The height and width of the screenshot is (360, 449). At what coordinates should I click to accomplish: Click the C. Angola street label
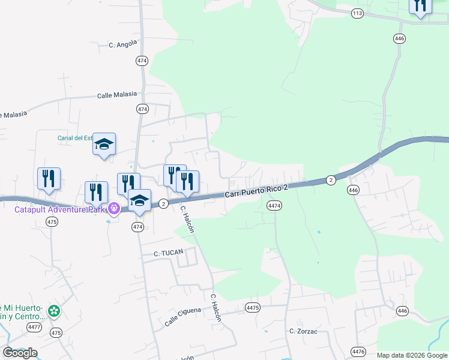(x=123, y=44)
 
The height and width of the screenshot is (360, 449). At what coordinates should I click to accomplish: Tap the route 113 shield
(x=358, y=13)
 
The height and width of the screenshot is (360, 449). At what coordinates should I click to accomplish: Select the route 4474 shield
(x=274, y=205)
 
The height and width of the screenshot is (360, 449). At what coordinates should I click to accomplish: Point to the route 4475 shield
(x=253, y=307)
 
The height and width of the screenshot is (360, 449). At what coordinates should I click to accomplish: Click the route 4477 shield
(x=34, y=326)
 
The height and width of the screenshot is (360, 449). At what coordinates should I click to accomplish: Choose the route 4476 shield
(x=358, y=352)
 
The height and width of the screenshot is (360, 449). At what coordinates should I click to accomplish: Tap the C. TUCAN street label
(x=168, y=253)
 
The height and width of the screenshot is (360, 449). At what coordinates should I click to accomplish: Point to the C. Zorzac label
(x=303, y=331)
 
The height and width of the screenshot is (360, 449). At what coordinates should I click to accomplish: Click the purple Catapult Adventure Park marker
(x=113, y=208)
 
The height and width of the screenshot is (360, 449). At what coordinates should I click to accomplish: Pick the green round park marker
(x=54, y=311)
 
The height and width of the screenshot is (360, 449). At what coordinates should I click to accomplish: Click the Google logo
(x=20, y=353)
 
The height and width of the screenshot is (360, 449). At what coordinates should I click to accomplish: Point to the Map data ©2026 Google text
(x=412, y=355)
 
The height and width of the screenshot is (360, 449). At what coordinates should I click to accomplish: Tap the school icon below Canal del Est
(x=104, y=144)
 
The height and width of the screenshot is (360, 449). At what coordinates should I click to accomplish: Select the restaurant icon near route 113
(x=420, y=5)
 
